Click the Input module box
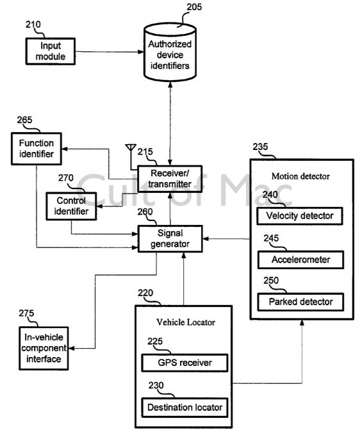click(x=51, y=51)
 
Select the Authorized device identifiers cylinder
click(x=170, y=53)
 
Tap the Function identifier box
click(x=37, y=149)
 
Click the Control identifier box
click(x=71, y=206)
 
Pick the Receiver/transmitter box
click(x=170, y=179)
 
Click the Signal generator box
click(x=170, y=238)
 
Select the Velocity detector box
click(x=300, y=216)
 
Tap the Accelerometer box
click(x=301, y=260)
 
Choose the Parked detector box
click(x=301, y=302)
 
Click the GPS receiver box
click(x=185, y=363)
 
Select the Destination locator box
click(x=185, y=408)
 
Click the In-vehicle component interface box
click(x=44, y=348)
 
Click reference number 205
click(x=194, y=7)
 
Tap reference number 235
click(x=260, y=147)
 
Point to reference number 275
click(x=26, y=313)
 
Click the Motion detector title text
click(x=300, y=176)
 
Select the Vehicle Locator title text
click(x=186, y=322)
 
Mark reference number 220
click(x=145, y=293)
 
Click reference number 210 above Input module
click(x=33, y=24)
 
